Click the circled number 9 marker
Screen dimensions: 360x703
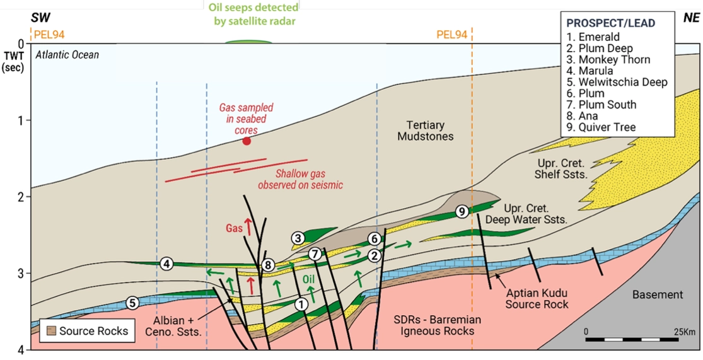462,212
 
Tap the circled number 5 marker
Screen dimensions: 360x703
132,303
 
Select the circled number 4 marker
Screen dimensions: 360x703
166,264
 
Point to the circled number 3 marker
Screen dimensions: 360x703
298,238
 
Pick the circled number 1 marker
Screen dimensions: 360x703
301,304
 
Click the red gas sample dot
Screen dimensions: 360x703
247,141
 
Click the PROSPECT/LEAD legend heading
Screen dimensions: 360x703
610,23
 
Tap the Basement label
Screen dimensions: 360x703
658,294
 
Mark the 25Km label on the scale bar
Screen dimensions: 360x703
683,331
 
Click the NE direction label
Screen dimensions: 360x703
690,17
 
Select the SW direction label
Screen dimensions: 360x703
40,17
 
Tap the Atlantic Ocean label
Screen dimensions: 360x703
67,55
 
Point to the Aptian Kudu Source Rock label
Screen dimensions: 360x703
536,299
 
